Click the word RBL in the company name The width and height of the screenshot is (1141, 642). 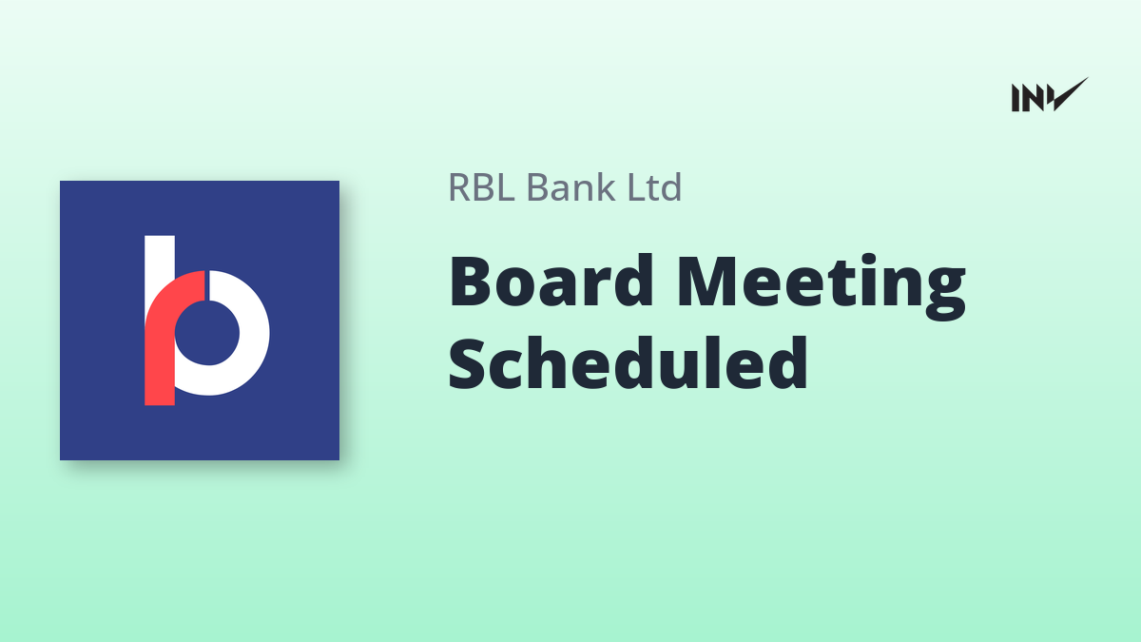point(481,187)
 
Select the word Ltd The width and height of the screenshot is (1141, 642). point(654,186)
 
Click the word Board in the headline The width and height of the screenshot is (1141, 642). point(551,281)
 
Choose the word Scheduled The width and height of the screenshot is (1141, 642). point(628,362)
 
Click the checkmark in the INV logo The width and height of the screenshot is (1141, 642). point(1070,94)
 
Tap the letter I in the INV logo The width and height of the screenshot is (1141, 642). point(1015,98)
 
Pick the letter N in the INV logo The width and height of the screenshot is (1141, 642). point(1032,98)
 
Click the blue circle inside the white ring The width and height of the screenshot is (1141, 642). point(207,333)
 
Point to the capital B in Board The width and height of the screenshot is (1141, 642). point(473,282)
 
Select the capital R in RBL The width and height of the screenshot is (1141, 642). point(459,187)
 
